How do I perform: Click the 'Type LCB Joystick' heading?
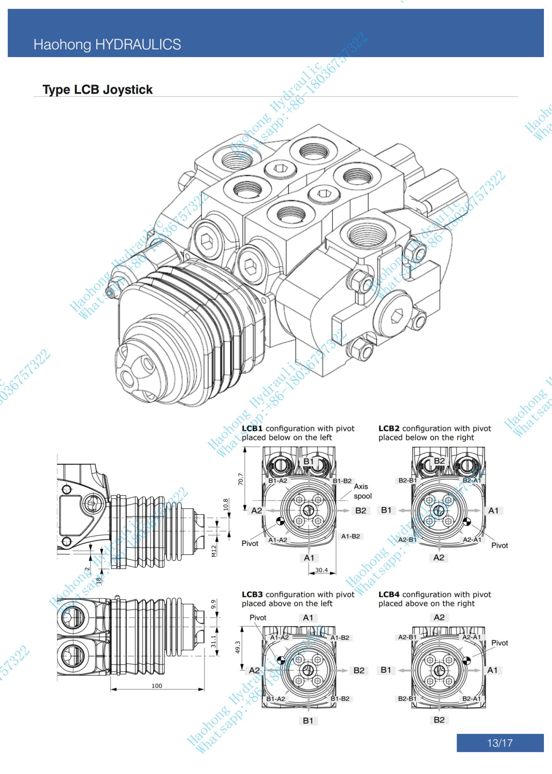[x=98, y=90]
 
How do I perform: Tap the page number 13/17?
[x=500, y=743]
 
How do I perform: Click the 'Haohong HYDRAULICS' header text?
[x=107, y=44]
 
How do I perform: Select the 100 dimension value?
[x=157, y=686]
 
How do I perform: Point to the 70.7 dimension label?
[x=241, y=479]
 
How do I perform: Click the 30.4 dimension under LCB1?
[x=321, y=570]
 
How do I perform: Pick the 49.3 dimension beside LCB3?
[x=238, y=647]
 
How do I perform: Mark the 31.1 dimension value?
[x=213, y=641]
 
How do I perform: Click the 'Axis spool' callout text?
[x=362, y=491]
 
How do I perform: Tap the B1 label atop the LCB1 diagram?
[x=309, y=461]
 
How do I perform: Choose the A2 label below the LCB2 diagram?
[x=439, y=558]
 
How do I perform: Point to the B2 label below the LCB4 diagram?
[x=439, y=720]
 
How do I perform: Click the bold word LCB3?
[x=252, y=595]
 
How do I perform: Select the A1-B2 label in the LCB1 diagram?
[x=351, y=536]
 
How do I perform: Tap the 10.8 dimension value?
[x=226, y=504]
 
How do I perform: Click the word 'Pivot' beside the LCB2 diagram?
[x=500, y=545]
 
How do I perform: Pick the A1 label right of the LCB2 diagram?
[x=493, y=510]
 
